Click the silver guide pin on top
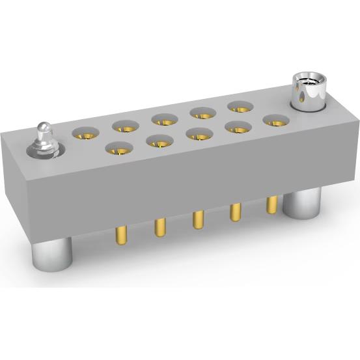[x=43, y=139]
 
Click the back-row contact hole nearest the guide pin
[x=85, y=133]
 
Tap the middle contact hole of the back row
[x=165, y=119]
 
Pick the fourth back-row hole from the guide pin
[x=202, y=113]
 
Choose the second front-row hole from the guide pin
[x=160, y=142]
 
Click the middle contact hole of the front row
[x=199, y=134]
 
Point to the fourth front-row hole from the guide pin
[x=238, y=127]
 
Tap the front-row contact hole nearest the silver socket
[x=276, y=120]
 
